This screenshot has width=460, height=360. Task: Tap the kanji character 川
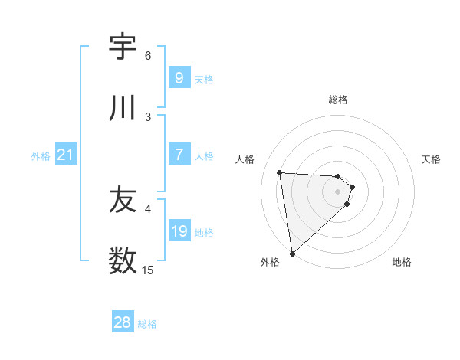pyautogui.click(x=123, y=108)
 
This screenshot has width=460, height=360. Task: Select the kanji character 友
pyautogui.click(x=123, y=200)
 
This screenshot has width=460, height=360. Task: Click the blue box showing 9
pyautogui.click(x=179, y=77)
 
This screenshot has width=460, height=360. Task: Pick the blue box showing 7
pyautogui.click(x=179, y=155)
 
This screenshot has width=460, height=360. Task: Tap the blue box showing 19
pyautogui.click(x=179, y=231)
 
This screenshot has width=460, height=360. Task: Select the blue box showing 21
pyautogui.click(x=65, y=155)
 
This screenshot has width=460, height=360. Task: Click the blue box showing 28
pyautogui.click(x=123, y=322)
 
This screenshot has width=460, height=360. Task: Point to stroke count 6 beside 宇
pyautogui.click(x=148, y=55)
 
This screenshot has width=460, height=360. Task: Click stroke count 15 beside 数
pyautogui.click(x=148, y=270)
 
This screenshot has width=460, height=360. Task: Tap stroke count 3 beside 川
pyautogui.click(x=148, y=116)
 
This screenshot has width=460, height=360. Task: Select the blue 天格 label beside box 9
pyautogui.click(x=204, y=79)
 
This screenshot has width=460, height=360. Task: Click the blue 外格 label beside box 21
pyautogui.click(x=41, y=156)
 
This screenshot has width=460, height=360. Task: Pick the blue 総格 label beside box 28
pyautogui.click(x=147, y=324)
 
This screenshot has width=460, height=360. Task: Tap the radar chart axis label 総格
pyautogui.click(x=338, y=100)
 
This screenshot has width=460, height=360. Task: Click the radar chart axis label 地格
pyautogui.click(x=402, y=262)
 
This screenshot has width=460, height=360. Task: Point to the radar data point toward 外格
pyautogui.click(x=292, y=253)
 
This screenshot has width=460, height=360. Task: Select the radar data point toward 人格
pyautogui.click(x=280, y=172)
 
